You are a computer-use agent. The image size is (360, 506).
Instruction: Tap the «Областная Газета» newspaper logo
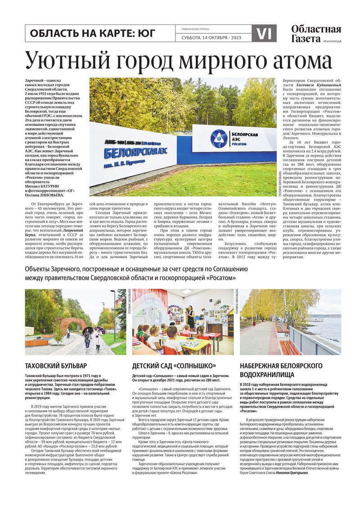(x=316, y=34)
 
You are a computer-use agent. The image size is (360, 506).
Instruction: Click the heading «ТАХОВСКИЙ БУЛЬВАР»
(x=56, y=366)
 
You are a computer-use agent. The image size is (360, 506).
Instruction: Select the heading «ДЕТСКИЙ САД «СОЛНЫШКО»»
(x=174, y=366)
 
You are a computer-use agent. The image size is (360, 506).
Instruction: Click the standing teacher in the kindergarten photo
(x=191, y=318)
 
